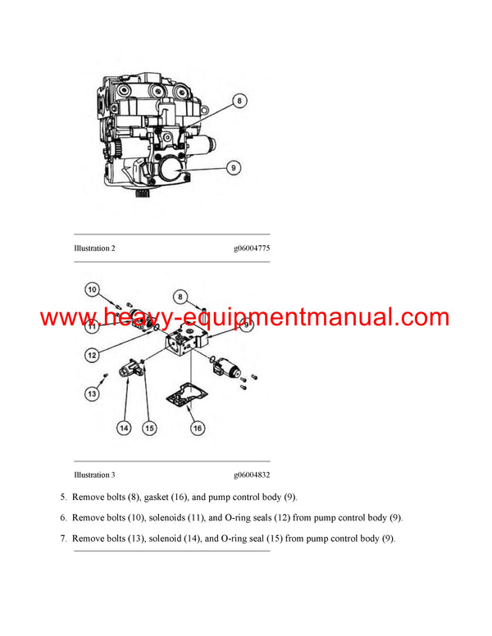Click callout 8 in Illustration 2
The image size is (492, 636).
[240, 102]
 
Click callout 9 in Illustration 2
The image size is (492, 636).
[234, 168]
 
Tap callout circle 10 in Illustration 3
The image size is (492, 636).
[92, 289]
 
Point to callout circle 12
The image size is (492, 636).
[92, 355]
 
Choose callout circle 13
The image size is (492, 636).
[92, 394]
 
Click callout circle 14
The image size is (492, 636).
[124, 427]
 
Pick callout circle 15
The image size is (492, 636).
[149, 427]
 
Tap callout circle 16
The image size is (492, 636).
[198, 427]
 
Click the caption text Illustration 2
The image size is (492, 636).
[94, 248]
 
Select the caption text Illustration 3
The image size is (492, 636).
[94, 475]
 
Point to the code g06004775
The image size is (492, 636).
[251, 248]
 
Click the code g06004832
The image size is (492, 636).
[251, 475]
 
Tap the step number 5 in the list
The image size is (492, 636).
[64, 497]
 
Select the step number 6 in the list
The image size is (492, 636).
[64, 518]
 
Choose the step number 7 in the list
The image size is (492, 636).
[64, 538]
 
